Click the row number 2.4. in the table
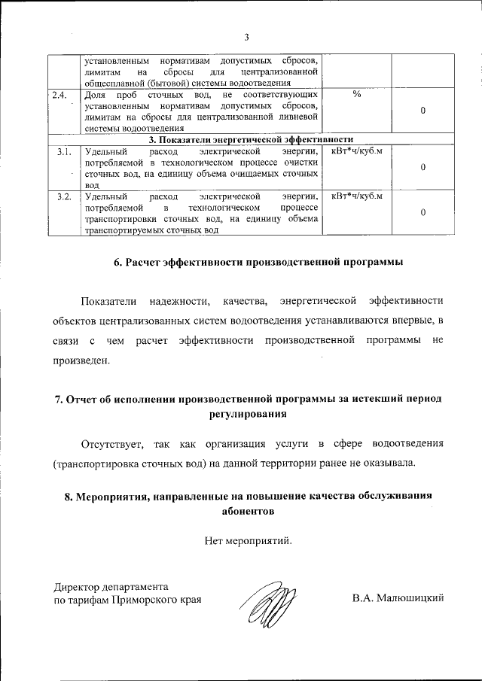[x=59, y=95]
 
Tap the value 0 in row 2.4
[x=423, y=111]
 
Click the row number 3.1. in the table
[x=64, y=152]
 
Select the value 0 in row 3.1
[x=423, y=167]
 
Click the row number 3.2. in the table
[x=64, y=197]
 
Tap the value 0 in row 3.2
[x=423, y=213]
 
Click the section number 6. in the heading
[x=118, y=263]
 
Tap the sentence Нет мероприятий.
[x=246, y=540]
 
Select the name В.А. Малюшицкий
[x=398, y=599]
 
